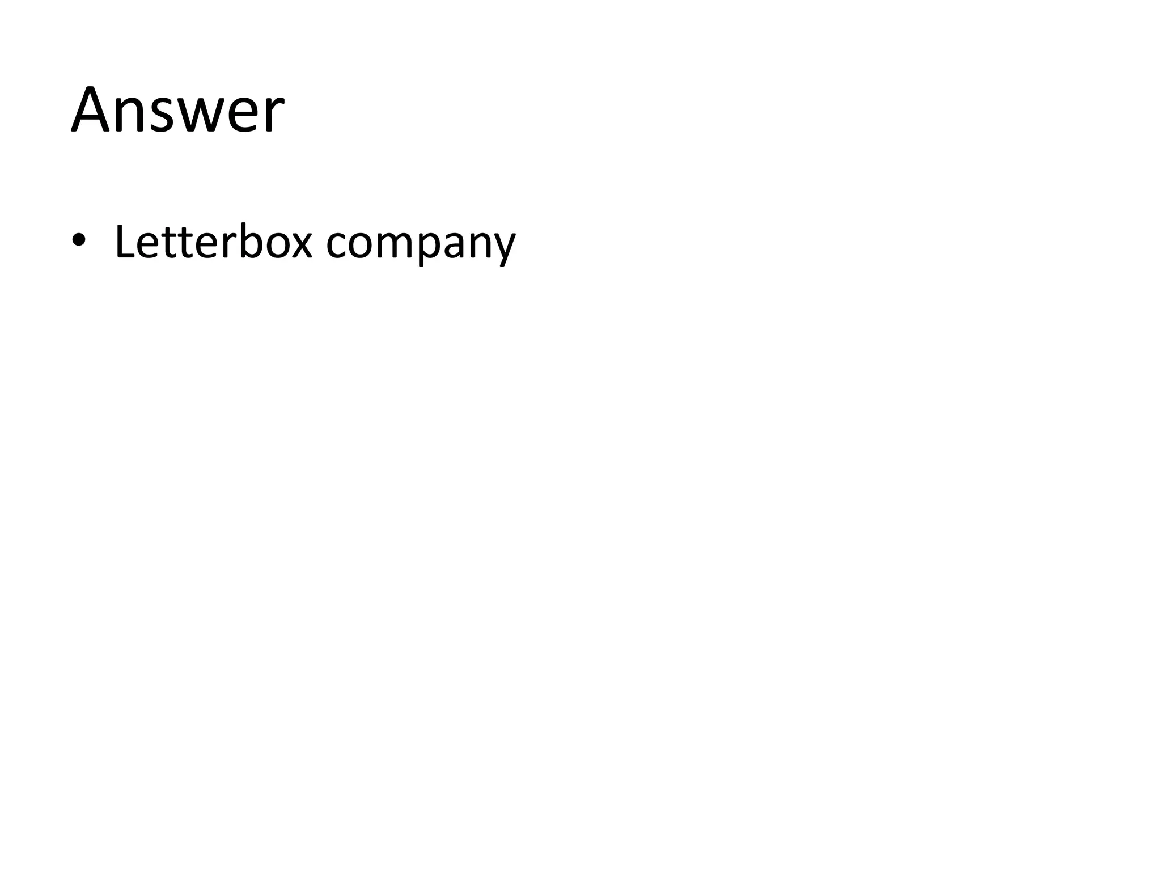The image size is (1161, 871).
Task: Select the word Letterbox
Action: click(x=213, y=242)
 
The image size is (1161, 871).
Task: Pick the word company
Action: click(x=421, y=244)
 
